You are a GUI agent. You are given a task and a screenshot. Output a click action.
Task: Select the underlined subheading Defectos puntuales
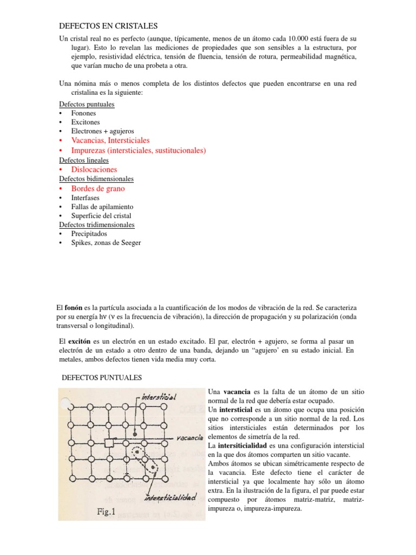point(86,105)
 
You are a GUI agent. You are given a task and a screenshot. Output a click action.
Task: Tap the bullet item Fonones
point(83,113)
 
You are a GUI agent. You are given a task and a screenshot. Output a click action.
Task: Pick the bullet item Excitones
point(85,122)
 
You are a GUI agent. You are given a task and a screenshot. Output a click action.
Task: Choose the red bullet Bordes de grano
point(97,189)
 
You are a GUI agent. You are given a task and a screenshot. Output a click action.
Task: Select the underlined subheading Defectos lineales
point(83,160)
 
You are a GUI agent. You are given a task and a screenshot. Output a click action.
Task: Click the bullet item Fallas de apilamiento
point(102,207)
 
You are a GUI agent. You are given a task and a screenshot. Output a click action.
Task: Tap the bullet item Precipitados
point(89,234)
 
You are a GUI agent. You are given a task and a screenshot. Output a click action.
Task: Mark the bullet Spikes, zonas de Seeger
point(106,243)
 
